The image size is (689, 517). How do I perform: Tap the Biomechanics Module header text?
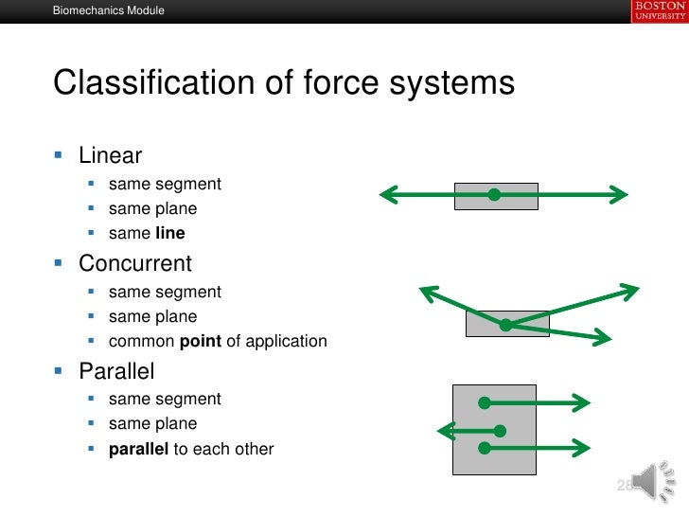pos(108,11)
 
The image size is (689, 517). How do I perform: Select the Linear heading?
pos(111,153)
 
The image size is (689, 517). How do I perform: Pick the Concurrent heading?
pos(135,263)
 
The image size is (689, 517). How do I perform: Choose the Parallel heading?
pos(116,370)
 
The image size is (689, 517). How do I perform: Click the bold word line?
pos(169,233)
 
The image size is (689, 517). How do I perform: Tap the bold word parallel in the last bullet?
pos(138,449)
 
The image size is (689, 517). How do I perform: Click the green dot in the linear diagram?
pos(493,195)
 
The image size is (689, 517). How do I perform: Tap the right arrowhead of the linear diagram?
pos(620,195)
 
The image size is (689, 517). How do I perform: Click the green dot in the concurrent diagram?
pos(505,325)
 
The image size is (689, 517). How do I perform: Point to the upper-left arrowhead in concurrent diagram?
pos(425,292)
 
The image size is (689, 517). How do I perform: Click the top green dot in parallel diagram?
pos(484,402)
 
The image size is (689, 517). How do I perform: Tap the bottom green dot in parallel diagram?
pos(484,447)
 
